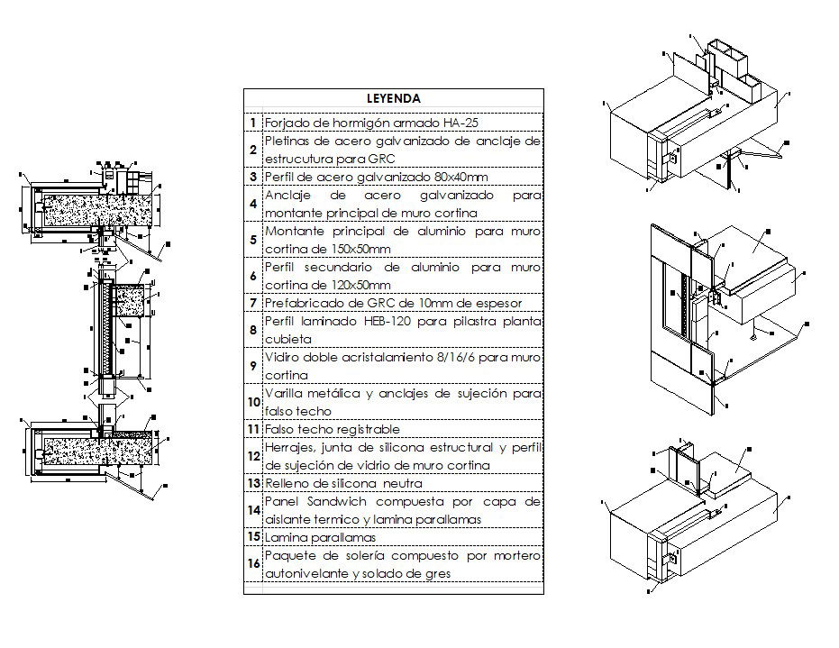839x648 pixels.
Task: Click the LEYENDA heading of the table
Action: coord(393,97)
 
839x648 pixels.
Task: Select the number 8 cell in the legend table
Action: coord(253,331)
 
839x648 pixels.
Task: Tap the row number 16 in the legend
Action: coord(253,564)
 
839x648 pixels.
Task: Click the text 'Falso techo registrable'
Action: coord(333,430)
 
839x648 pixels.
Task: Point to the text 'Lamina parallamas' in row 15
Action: coord(320,538)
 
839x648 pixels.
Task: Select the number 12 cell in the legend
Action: coord(253,457)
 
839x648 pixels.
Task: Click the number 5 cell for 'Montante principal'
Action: coord(253,240)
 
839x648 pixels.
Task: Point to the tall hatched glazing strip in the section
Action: coord(105,329)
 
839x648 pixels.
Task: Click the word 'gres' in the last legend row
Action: coord(435,573)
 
